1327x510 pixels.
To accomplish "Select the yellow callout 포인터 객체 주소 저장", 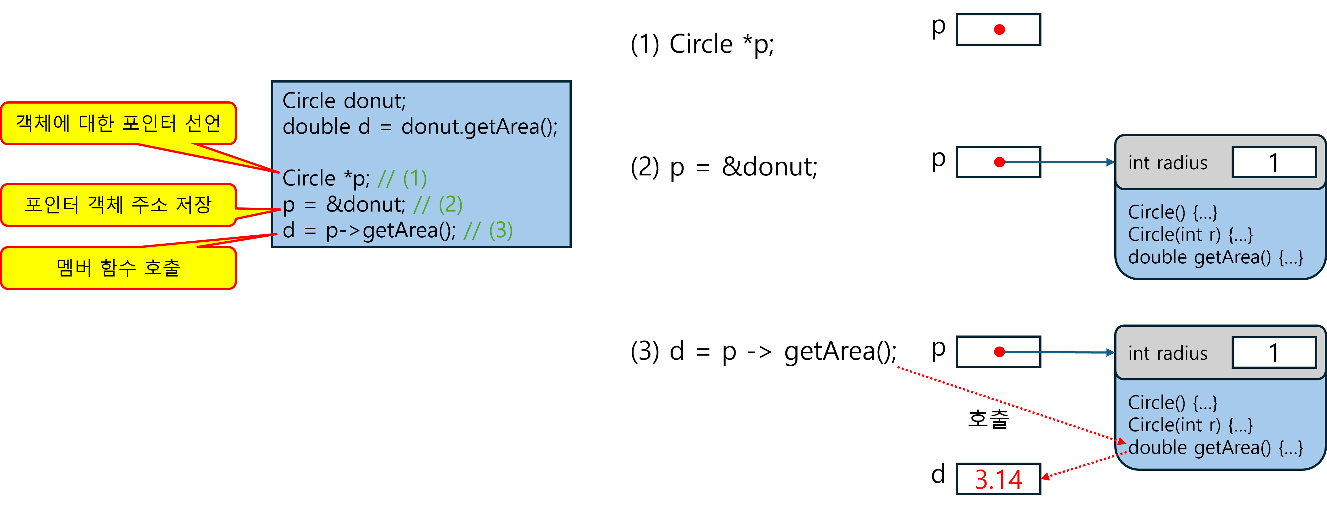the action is (119, 205).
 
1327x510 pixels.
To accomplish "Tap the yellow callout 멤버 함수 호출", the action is (119, 268).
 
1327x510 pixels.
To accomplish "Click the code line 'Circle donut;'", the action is (344, 101).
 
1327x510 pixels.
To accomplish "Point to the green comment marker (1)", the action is (415, 179).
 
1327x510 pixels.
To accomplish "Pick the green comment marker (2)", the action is (450, 205).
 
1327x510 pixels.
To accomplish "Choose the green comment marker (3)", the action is (501, 231).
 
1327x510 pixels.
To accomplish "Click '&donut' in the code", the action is (366, 205).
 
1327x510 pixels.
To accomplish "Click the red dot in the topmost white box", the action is (999, 30).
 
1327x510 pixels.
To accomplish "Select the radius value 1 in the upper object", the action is (1273, 163).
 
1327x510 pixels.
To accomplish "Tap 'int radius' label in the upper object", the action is (1167, 163).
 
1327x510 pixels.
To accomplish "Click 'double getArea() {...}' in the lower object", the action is (1215, 448).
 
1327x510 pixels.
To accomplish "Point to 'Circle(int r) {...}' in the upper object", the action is (1190, 235).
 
